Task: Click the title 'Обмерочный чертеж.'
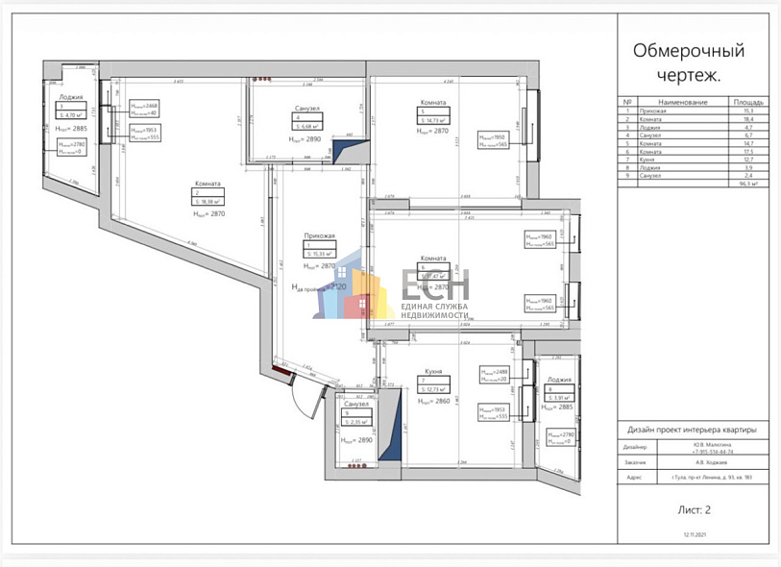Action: click(689, 62)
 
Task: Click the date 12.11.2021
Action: click(695, 544)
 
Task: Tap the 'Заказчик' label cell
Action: click(636, 461)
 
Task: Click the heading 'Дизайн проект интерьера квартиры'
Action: click(692, 430)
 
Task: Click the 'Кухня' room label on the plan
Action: click(433, 370)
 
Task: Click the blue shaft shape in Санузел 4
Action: click(344, 151)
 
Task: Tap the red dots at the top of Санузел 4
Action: click(262, 80)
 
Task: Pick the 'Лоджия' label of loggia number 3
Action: click(70, 97)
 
